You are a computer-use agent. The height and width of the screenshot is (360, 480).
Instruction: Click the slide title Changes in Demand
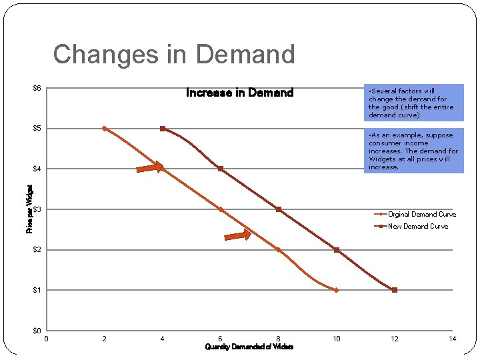pyautogui.click(x=173, y=54)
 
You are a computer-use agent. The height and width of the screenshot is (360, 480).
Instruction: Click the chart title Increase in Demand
pyautogui.click(x=239, y=93)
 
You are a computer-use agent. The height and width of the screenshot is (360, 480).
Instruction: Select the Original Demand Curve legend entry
pyautogui.click(x=421, y=214)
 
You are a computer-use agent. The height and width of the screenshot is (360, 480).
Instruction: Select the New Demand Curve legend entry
pyautogui.click(x=418, y=226)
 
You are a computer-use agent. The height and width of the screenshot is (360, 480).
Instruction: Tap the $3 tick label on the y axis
pyautogui.click(x=37, y=210)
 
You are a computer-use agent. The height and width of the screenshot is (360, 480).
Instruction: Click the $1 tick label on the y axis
pyautogui.click(x=37, y=290)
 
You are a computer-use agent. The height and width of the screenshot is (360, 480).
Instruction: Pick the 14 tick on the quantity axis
pyautogui.click(x=452, y=339)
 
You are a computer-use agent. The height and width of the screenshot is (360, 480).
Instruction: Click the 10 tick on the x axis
pyautogui.click(x=336, y=339)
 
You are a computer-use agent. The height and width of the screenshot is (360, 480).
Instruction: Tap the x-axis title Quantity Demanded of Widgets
pyautogui.click(x=249, y=347)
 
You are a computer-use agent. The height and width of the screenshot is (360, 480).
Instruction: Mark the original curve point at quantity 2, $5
pyautogui.click(x=104, y=128)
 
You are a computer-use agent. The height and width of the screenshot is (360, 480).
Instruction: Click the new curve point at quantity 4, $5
pyautogui.click(x=162, y=129)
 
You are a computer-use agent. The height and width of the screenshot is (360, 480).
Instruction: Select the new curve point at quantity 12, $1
pyautogui.click(x=394, y=290)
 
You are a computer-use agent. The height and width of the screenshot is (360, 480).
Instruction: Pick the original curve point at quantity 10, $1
pyautogui.click(x=336, y=290)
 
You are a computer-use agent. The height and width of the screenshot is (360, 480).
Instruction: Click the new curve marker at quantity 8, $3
pyautogui.click(x=278, y=209)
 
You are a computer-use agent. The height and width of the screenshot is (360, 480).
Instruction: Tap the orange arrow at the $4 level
pyautogui.click(x=149, y=167)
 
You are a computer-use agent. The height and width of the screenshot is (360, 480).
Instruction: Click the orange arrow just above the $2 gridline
pyautogui.click(x=237, y=235)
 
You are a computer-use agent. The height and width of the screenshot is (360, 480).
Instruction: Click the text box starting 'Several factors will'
pyautogui.click(x=413, y=103)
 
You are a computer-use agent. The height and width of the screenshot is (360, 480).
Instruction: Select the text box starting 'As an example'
pyautogui.click(x=413, y=151)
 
